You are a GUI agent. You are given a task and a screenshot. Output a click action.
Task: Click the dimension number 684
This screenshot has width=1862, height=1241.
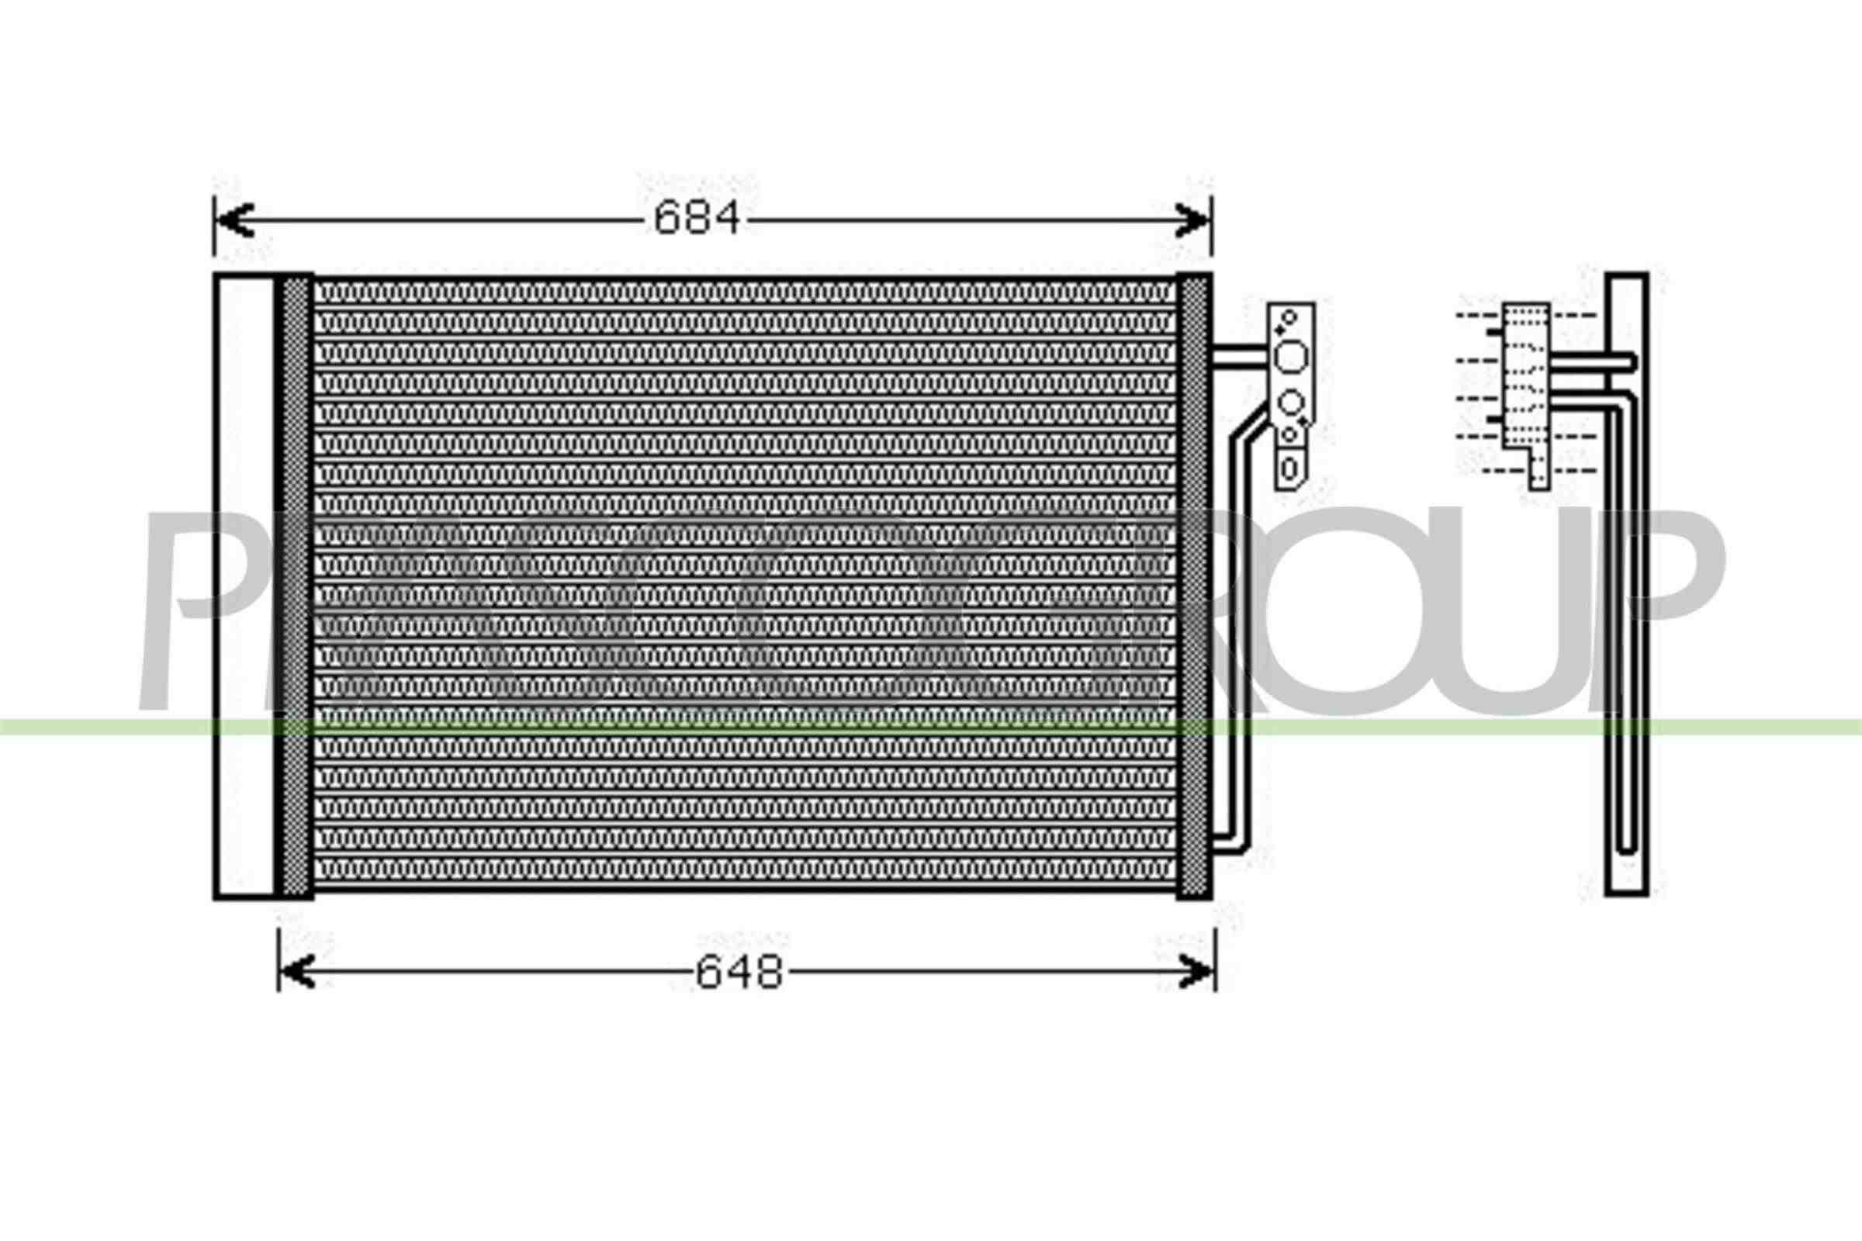click(696, 218)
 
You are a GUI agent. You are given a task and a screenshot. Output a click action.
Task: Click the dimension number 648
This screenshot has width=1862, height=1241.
click(739, 973)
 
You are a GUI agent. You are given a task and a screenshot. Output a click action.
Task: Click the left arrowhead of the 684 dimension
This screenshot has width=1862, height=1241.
click(234, 220)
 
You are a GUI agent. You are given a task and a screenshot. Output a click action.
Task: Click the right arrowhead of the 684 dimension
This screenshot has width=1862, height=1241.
click(1192, 220)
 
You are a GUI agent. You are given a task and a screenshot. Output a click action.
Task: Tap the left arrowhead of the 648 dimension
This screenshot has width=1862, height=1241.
click(298, 971)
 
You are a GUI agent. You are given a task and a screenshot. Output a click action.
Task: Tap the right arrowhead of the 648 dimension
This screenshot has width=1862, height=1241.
click(1196, 971)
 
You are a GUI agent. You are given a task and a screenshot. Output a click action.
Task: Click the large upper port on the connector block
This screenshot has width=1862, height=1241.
click(1291, 358)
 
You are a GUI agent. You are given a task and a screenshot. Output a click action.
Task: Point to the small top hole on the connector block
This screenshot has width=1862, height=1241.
click(1289, 317)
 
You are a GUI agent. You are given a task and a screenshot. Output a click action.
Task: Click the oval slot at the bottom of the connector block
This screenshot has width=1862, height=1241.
click(1289, 468)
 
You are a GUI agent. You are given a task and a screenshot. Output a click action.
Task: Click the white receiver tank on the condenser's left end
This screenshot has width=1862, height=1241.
click(244, 586)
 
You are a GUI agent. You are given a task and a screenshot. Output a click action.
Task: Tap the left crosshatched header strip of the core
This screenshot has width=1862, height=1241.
click(296, 586)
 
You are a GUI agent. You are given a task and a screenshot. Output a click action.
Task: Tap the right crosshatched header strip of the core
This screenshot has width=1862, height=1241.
click(1194, 586)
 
